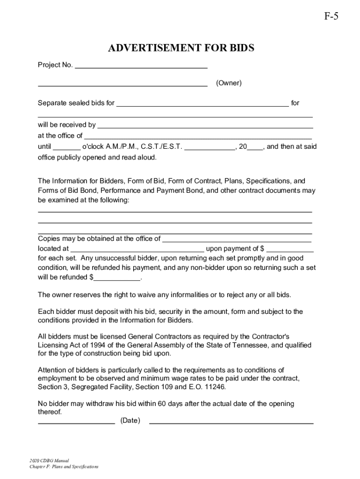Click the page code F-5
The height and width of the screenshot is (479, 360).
tap(331, 17)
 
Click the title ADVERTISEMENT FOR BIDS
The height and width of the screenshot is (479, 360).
tap(181, 49)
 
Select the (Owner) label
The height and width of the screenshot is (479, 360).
tap(229, 83)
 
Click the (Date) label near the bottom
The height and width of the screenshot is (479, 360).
tap(130, 421)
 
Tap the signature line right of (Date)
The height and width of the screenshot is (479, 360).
tap(231, 422)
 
